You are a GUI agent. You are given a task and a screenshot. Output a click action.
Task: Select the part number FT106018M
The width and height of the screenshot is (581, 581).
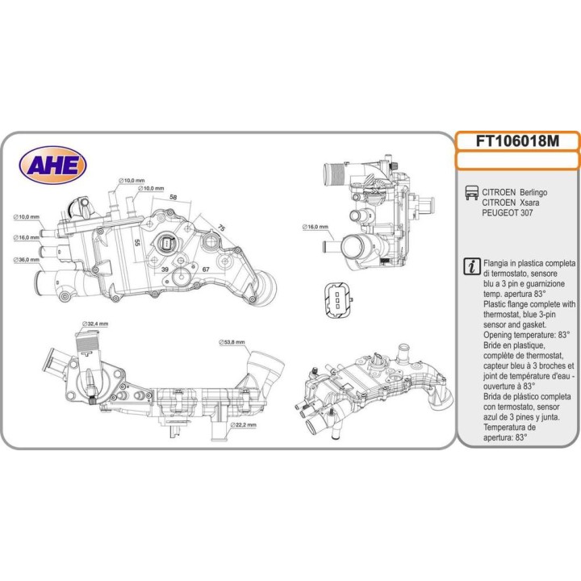click(x=517, y=140)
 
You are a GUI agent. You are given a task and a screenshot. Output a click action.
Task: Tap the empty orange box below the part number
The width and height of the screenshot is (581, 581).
click(x=517, y=161)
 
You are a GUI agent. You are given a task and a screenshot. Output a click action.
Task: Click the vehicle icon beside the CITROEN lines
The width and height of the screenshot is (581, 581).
click(x=470, y=193)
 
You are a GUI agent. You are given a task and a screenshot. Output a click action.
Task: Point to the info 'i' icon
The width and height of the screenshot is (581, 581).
click(x=470, y=265)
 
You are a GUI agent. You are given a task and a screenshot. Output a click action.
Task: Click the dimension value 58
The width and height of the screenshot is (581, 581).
click(x=173, y=197)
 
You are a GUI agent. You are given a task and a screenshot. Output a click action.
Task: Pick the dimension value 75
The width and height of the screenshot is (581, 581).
click(x=221, y=228)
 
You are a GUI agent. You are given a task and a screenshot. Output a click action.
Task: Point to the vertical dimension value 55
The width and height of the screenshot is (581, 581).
click(x=137, y=242)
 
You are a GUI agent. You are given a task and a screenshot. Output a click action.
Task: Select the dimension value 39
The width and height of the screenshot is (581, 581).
click(x=165, y=269)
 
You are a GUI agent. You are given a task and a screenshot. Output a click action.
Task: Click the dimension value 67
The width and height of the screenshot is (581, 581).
click(x=206, y=269)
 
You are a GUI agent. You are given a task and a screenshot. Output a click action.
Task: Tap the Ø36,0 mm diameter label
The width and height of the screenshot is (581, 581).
click(x=27, y=260)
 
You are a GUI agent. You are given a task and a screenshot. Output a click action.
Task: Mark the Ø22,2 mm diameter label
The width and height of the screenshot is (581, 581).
click(x=242, y=424)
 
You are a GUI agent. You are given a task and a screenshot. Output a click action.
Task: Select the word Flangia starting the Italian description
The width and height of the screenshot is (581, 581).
click(x=498, y=264)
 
